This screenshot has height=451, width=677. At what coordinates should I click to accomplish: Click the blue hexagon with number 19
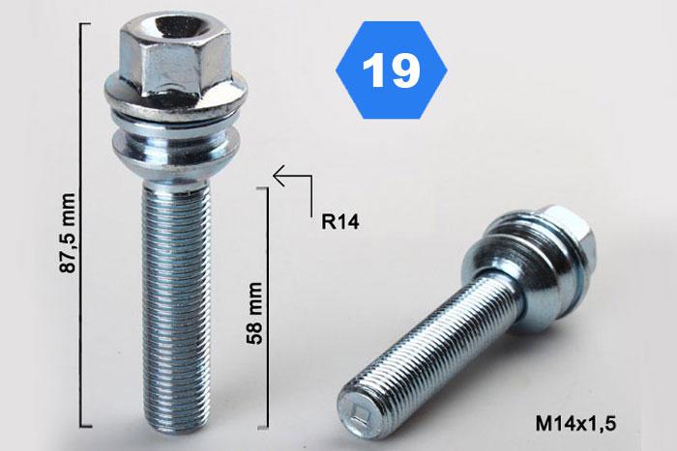click(x=391, y=70)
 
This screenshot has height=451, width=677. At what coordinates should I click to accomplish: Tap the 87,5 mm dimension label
click(x=68, y=234)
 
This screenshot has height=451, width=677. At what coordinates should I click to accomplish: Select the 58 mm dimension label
click(x=254, y=313)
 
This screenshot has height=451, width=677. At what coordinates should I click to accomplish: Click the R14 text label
click(x=339, y=222)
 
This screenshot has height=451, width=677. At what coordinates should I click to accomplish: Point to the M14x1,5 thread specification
click(x=575, y=423)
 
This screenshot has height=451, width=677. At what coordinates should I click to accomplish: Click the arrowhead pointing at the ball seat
click(x=279, y=176)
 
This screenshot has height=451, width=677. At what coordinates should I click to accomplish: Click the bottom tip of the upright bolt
click(x=177, y=427)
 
